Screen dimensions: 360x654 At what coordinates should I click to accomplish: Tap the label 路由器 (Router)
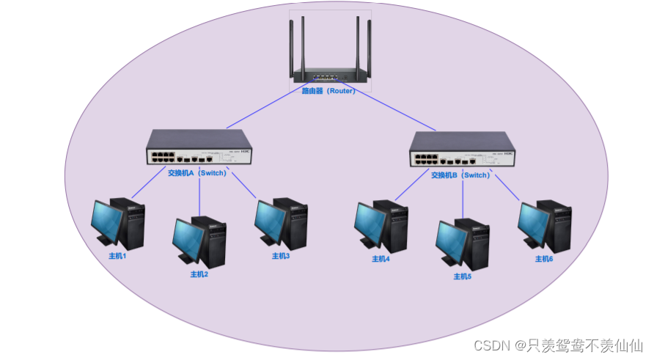tap(328, 92)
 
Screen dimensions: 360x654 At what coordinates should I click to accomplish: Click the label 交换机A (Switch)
tap(196, 174)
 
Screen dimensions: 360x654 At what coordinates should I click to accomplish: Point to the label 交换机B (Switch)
tap(460, 175)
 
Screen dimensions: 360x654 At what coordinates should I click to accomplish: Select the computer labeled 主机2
tap(199, 242)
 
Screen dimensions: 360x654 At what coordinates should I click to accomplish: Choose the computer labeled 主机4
tap(381, 225)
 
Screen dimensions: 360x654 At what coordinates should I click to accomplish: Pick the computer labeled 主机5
tap(462, 243)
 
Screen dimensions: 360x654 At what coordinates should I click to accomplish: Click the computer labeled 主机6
tap(544, 225)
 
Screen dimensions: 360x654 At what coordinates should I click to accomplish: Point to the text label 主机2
tap(199, 274)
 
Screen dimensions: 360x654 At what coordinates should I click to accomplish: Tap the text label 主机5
tap(462, 276)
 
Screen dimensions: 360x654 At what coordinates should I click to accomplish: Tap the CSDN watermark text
tap(558, 345)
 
